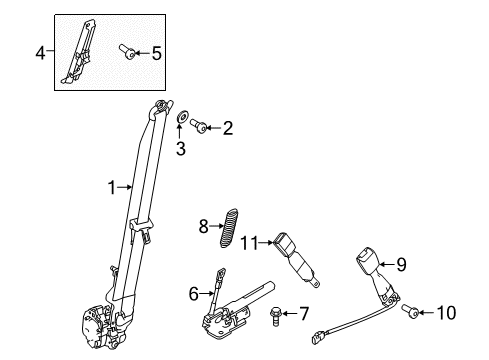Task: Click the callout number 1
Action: [x=113, y=186]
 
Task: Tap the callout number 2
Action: [x=228, y=128]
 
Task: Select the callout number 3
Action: [x=181, y=150]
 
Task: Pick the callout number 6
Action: [x=194, y=293]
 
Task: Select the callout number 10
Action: [x=445, y=314]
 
